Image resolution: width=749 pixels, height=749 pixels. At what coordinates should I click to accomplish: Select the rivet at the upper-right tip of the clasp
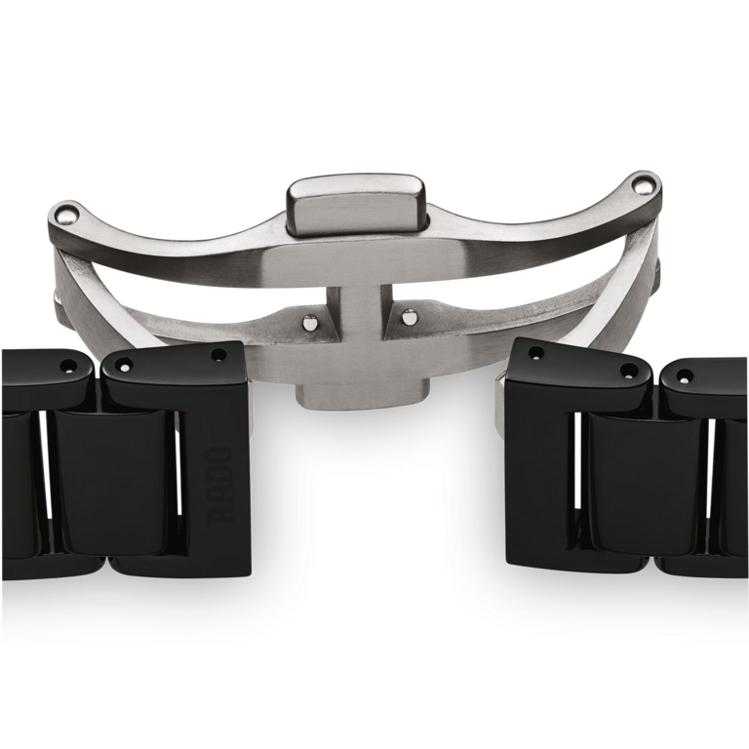643,185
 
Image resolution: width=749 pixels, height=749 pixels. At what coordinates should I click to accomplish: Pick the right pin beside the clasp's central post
409,316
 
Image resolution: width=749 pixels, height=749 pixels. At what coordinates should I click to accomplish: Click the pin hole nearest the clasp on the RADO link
218,355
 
